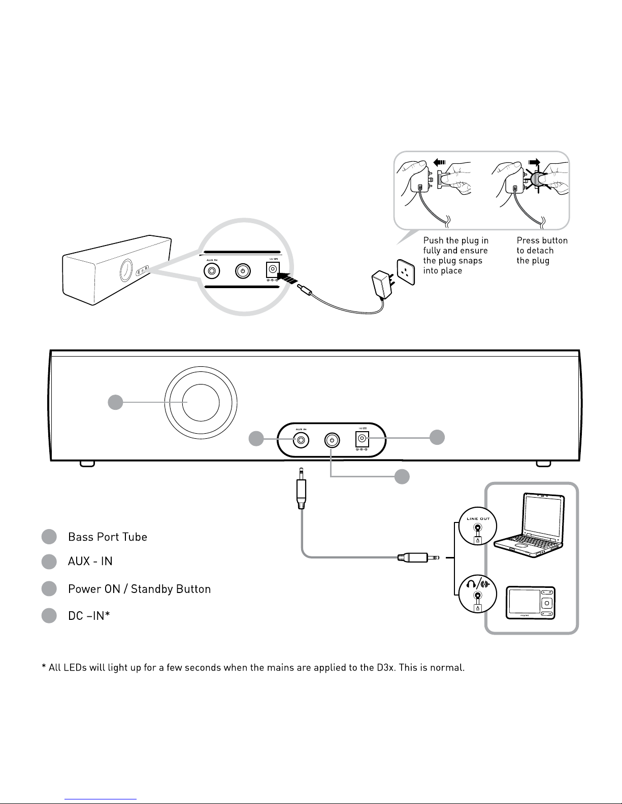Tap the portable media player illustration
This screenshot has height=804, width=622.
coord(531,604)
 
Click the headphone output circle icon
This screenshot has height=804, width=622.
coord(477,596)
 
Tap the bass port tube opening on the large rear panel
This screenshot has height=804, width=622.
coord(201,402)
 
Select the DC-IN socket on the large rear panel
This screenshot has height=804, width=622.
coord(362,440)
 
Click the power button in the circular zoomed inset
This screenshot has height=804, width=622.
coord(243,271)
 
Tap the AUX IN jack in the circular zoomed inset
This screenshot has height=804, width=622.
coord(211,271)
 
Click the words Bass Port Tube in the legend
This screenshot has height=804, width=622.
coord(108,537)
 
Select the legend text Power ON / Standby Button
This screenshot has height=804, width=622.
coord(139,589)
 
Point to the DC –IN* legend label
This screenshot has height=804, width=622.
coord(89,616)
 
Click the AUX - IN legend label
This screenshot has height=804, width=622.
coord(90,562)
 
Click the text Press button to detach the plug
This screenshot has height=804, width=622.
coord(542,251)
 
